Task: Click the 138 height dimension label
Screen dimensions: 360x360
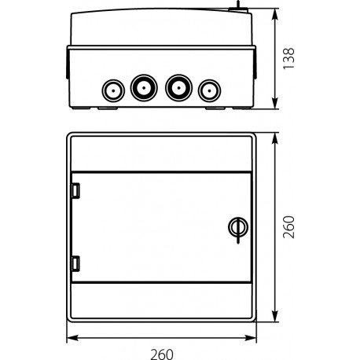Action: point(289,57)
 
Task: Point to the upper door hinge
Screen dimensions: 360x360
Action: point(75,190)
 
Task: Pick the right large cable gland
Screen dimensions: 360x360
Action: point(178,87)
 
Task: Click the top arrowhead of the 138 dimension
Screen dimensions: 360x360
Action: point(274,12)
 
